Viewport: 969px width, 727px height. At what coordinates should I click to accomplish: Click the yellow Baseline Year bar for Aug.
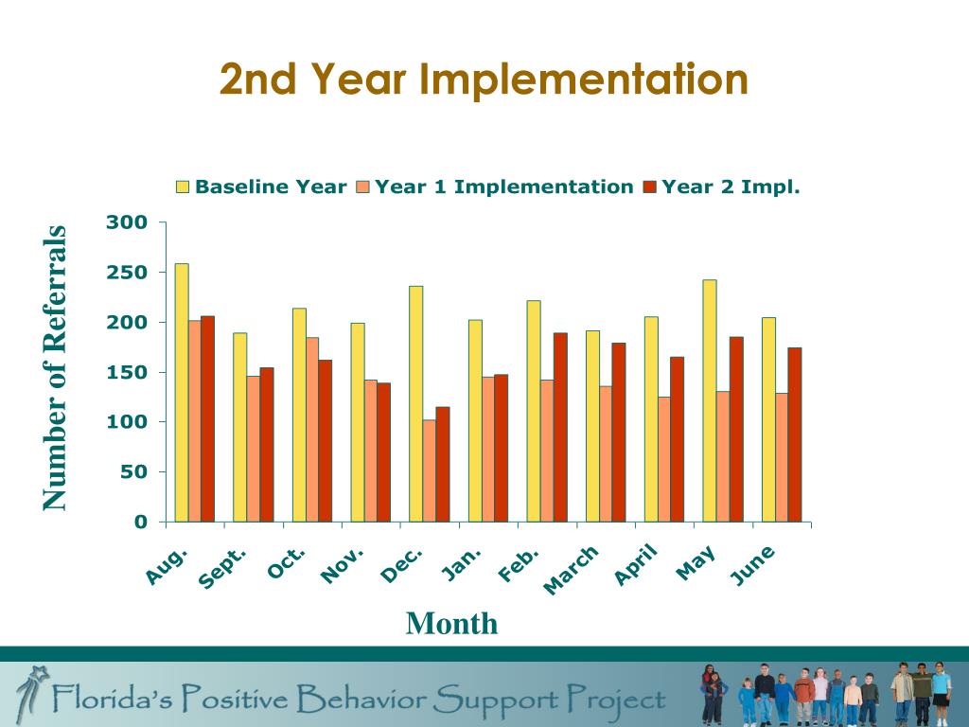182,393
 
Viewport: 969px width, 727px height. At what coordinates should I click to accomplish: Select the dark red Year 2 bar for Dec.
443,464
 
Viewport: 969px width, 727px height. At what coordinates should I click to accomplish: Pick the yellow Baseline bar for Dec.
416,403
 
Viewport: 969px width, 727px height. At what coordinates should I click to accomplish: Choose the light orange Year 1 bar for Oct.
312,430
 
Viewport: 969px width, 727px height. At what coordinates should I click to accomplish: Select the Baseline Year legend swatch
184,187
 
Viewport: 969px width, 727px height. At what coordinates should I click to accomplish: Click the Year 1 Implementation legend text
503,187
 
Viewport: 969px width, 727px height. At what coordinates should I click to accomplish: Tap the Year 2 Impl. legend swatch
650,187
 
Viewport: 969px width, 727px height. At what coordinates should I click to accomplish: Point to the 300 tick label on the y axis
127,223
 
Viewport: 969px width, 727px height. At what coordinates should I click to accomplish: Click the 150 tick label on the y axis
127,373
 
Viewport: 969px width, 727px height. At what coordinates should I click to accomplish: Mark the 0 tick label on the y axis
141,522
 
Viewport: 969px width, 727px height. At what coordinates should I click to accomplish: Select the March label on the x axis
572,571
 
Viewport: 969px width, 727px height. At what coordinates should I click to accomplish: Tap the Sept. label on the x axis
224,567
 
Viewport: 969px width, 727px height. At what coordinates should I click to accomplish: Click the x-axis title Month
451,624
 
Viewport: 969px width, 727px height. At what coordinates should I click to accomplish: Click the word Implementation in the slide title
584,80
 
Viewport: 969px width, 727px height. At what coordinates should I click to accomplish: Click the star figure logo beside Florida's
36,691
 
